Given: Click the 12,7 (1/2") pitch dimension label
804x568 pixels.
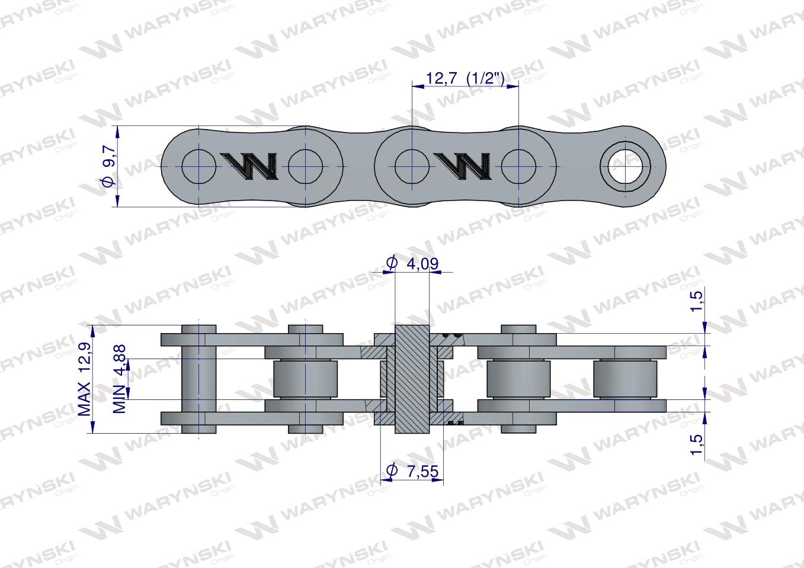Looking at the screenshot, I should tap(465, 79).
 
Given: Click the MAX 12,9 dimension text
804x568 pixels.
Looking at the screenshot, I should tap(85, 379).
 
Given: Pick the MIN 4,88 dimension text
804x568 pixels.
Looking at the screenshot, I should tap(120, 379).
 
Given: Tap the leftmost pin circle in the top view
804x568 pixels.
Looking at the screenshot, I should tap(199, 166).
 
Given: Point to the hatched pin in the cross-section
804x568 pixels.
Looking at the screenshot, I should tap(411, 379).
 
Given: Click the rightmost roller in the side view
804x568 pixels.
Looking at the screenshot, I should tap(625, 379).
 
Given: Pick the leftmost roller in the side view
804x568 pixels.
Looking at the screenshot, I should tap(305, 379).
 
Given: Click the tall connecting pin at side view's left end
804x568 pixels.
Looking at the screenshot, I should tap(198, 379).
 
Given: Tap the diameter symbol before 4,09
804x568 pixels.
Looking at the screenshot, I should tap(390, 263).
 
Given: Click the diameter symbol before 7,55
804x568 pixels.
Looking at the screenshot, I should tap(390, 470).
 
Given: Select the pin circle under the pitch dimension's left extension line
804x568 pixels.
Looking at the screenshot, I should tap(411, 166).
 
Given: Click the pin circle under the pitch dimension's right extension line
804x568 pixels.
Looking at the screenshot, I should tap(518, 166).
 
